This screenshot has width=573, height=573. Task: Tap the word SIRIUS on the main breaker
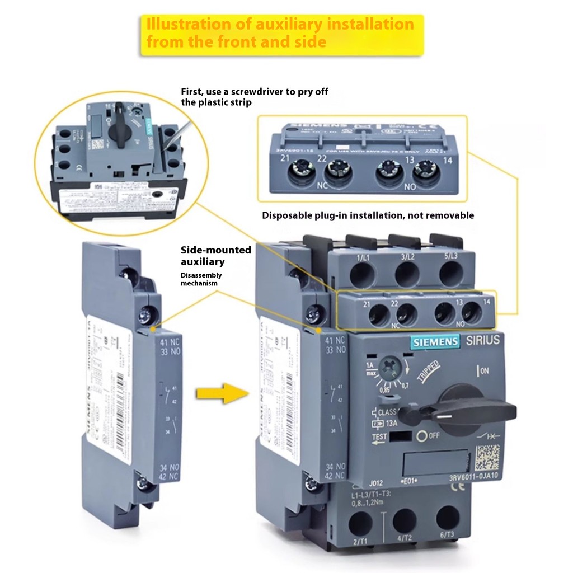tap(482, 340)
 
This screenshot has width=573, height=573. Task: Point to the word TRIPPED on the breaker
tap(428, 372)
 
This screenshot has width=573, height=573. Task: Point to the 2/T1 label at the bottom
tap(360, 542)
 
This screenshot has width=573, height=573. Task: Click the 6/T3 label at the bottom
tap(447, 535)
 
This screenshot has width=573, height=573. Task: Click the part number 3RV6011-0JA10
tap(473, 477)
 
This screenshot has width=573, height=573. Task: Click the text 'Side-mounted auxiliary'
tap(203, 256)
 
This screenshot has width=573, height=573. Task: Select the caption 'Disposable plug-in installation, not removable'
tap(368, 215)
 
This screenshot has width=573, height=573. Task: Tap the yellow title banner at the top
tap(281, 33)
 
